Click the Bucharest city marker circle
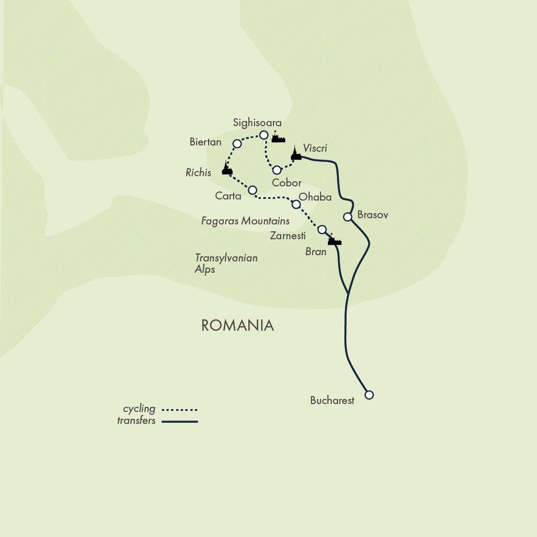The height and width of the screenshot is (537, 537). [369, 394]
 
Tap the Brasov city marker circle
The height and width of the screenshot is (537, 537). [348, 217]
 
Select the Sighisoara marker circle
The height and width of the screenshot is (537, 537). [264, 135]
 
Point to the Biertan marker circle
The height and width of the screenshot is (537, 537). [238, 143]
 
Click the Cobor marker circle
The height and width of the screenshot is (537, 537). [277, 170]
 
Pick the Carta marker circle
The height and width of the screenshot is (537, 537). [253, 190]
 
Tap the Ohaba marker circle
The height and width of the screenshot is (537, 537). [295, 204]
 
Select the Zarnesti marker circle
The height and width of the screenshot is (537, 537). [322, 230]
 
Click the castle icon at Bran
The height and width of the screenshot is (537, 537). [334, 240]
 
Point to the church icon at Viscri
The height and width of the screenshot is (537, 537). [295, 153]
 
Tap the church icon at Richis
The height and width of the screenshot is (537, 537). [227, 169]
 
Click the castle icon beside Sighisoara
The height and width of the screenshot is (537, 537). [278, 137]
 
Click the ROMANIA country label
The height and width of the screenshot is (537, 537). [238, 325]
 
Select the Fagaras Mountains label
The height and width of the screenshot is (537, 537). [245, 220]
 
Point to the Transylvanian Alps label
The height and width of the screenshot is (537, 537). [226, 263]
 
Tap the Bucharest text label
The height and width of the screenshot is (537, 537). [332, 401]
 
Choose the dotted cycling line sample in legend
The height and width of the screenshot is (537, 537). [179, 409]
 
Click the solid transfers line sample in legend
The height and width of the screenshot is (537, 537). [179, 421]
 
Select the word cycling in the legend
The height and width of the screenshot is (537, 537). [139, 409]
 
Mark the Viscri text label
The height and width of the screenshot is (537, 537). [315, 148]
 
